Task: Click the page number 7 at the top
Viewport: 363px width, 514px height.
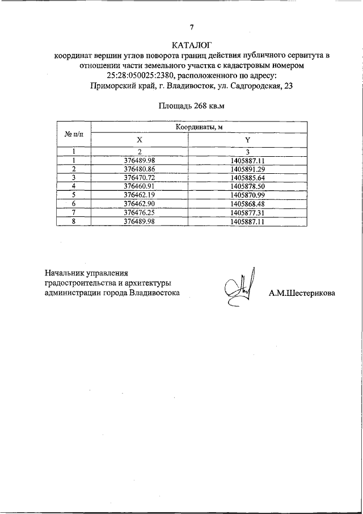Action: tap(192, 27)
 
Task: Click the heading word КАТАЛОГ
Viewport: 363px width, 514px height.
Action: tap(192, 45)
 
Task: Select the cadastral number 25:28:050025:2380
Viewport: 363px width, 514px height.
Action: tap(140, 76)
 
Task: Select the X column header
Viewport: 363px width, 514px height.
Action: tap(139, 140)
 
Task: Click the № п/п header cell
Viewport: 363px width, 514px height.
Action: tap(74, 133)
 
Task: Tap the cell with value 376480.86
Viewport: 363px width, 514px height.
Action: tap(139, 169)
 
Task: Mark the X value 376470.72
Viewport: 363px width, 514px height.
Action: tap(139, 177)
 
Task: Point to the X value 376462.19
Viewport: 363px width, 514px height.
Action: tap(139, 195)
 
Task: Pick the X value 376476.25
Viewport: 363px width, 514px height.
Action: tap(139, 212)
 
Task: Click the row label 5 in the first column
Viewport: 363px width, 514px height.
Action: tap(74, 195)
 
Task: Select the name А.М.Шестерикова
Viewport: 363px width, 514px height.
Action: tap(302, 294)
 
